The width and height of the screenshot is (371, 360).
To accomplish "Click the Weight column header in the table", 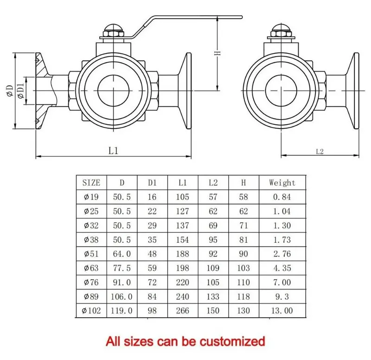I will tap(282, 183).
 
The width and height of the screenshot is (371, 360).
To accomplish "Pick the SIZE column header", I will tap(91, 183).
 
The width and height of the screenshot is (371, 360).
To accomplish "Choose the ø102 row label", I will tap(91, 310).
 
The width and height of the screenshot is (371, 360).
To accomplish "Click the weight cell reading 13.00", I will tap(282, 310).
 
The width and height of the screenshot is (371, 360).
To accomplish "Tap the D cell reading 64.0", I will tap(122, 254).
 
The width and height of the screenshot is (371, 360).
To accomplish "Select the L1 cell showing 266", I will tap(182, 310).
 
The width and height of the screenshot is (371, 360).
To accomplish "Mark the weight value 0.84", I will tap(282, 197).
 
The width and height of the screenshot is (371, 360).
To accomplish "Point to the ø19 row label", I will tap(91, 197).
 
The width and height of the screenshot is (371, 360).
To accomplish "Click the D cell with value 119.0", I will tap(122, 310).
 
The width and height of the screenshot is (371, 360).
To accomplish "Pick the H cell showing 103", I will tap(243, 268).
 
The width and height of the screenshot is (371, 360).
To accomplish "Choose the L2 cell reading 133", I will tap(213, 296).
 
